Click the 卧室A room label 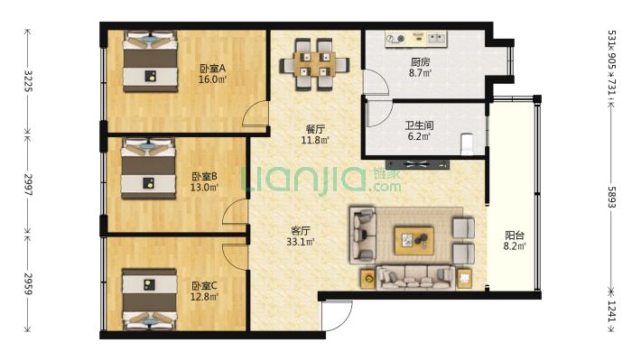click(212, 68)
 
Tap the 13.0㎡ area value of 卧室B click(204, 188)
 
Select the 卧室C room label click(204, 285)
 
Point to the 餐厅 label click(315, 129)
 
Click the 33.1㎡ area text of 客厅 click(301, 242)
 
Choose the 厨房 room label click(420, 62)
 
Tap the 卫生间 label click(420, 125)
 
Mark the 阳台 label click(515, 235)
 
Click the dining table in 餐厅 click(314, 64)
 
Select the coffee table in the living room click(413, 241)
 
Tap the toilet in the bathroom click(467, 143)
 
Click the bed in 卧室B click(148, 169)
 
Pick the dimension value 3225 click(28, 81)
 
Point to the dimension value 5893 click(611, 198)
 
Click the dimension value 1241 click(611, 310)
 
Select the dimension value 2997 click(28, 184)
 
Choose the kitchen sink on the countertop click(437, 39)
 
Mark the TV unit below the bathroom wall click(417, 165)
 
